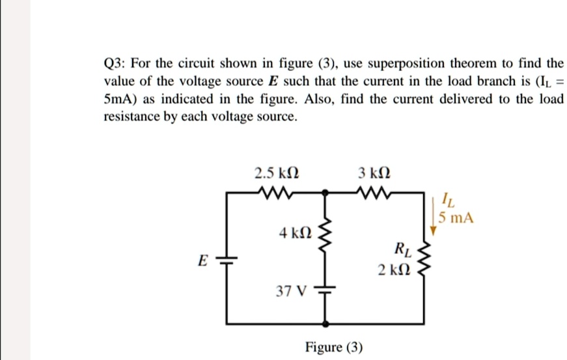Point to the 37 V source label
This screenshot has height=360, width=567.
[x=290, y=291]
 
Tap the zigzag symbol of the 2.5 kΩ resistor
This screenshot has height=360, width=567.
[x=276, y=193]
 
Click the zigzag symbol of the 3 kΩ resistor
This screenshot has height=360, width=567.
[x=374, y=193]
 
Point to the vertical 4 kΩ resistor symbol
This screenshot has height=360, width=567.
[x=327, y=240]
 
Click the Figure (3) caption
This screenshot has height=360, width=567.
[x=334, y=346]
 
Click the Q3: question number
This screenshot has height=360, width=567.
[x=117, y=64]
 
